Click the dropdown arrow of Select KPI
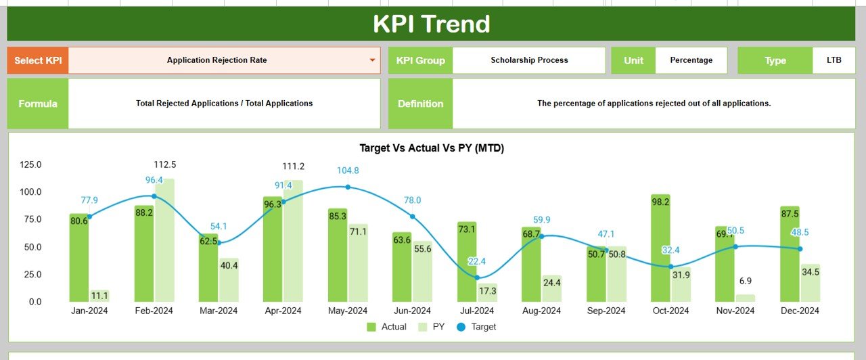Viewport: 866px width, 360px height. point(372,60)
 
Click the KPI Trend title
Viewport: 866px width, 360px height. point(432,24)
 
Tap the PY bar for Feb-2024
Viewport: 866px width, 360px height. point(164,240)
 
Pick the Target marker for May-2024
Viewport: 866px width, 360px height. point(348,187)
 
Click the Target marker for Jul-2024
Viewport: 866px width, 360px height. point(477,277)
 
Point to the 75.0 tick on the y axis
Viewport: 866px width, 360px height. point(30,219)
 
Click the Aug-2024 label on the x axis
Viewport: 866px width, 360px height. point(541,311)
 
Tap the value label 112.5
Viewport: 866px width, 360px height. point(165,164)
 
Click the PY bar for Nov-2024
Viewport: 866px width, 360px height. point(746,298)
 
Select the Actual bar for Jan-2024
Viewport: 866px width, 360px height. point(79,258)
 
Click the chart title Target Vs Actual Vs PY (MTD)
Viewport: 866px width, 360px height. point(432,148)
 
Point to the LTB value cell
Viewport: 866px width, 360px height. point(834,60)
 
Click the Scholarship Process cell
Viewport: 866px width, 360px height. point(529,60)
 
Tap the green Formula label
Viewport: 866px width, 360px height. point(38,104)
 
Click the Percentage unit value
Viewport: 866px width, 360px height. point(691,60)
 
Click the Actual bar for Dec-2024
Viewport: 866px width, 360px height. point(790,254)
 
